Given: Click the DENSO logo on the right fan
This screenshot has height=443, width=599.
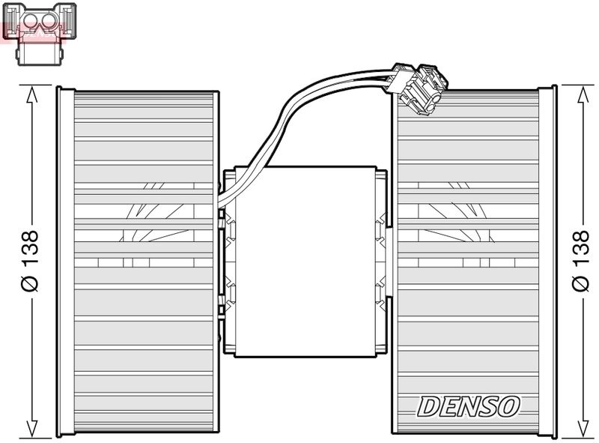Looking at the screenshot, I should tap(467, 406).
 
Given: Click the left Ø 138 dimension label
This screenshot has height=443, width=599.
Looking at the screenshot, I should tap(30, 260).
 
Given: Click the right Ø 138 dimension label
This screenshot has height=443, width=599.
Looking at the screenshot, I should tap(580, 260).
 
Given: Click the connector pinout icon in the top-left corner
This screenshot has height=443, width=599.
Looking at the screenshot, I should tap(40, 31).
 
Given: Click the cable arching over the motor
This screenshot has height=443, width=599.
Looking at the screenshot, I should tap(299, 106).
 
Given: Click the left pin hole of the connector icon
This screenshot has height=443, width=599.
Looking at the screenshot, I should tap(29, 22).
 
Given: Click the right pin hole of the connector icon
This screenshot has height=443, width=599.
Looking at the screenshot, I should tap(49, 22).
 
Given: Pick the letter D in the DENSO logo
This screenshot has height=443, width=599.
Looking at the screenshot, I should tap(426, 406).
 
